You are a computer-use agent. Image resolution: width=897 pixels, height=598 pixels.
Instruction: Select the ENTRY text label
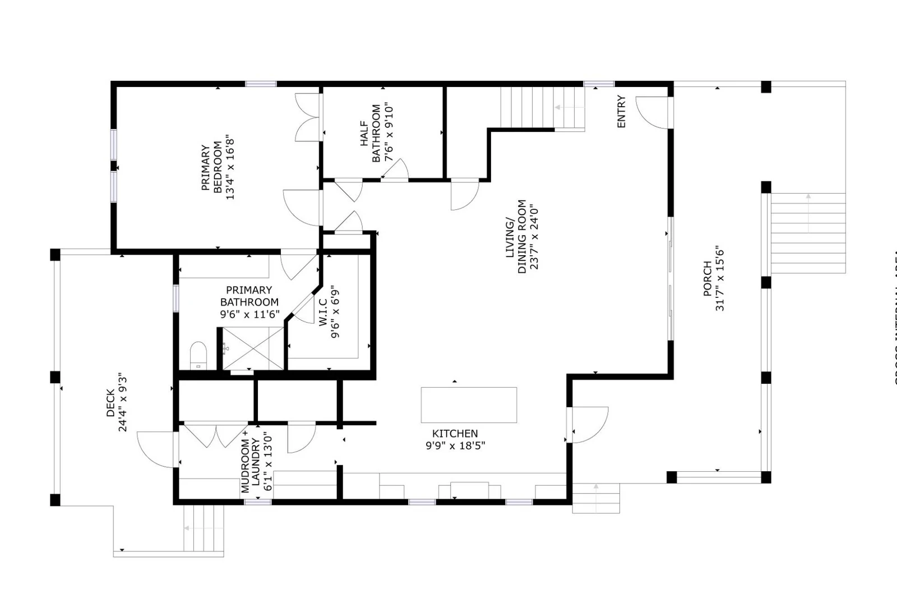point(621,112)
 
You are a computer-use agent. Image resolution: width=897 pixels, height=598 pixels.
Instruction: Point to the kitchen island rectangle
point(469,404)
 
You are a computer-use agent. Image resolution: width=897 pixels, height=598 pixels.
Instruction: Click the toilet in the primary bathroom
point(198,356)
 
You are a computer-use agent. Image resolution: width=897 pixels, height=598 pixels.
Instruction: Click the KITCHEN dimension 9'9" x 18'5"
point(455,446)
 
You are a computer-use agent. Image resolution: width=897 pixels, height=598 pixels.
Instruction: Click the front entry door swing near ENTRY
point(652,112)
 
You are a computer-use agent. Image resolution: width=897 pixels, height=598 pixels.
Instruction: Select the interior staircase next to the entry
point(542,108)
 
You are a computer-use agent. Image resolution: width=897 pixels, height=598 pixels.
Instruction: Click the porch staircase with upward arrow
point(808,233)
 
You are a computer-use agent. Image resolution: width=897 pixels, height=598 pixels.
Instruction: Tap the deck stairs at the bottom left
point(204,528)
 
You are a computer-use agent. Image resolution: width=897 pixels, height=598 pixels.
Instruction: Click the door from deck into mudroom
point(155,449)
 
